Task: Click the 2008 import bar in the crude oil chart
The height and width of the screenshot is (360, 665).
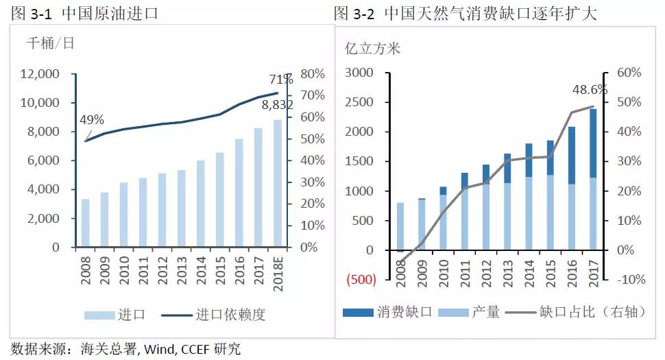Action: coord(85,223)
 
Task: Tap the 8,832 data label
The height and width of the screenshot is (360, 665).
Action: coord(278,105)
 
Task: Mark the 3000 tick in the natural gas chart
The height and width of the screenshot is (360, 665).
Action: coord(361,73)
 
